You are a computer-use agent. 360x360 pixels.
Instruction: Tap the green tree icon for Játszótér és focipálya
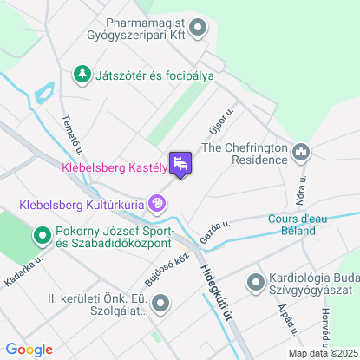pyautogui.click(x=82, y=75)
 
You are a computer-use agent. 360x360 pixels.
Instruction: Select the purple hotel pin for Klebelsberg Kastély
pyautogui.click(x=180, y=163)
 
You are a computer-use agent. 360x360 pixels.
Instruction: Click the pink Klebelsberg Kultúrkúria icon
pyautogui.click(x=157, y=205)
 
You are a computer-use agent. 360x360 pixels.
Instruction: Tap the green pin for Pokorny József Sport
pyautogui.click(x=42, y=235)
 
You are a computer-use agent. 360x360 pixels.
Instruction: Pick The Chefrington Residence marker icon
pyautogui.click(x=301, y=153)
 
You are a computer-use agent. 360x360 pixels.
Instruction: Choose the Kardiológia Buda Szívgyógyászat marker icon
pyautogui.click(x=256, y=283)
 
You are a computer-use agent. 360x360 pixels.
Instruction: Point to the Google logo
pyautogui.click(x=29, y=349)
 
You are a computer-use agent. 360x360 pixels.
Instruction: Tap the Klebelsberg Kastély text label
pyautogui.click(x=114, y=168)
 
